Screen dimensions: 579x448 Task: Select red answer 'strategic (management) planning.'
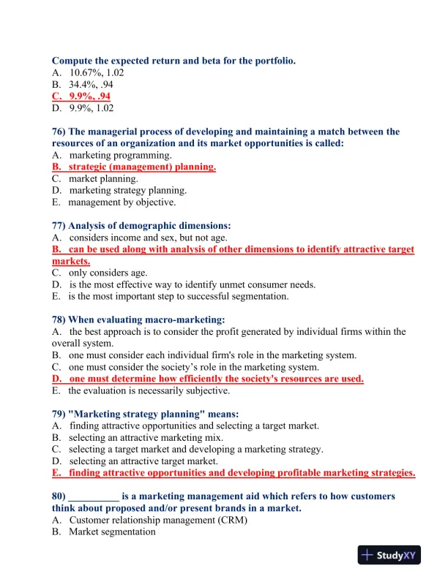click(142, 167)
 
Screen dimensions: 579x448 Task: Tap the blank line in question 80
click(92, 496)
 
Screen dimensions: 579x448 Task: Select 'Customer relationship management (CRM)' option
click(158, 520)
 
